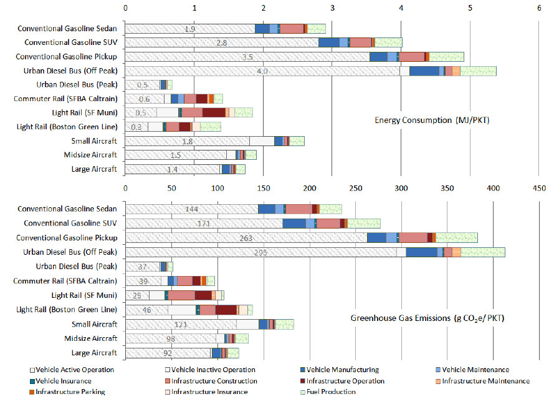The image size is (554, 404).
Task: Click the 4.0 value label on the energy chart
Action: point(262,71)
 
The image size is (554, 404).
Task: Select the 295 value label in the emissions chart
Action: point(262,252)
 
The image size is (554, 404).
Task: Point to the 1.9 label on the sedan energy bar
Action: point(190,29)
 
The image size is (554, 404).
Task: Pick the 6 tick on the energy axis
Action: point(539,8)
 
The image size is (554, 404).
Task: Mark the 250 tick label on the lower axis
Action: point(355,187)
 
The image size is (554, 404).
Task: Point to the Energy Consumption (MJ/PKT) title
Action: point(432,120)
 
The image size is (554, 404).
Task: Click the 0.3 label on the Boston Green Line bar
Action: point(136,127)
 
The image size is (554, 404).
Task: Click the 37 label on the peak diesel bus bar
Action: point(142,267)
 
